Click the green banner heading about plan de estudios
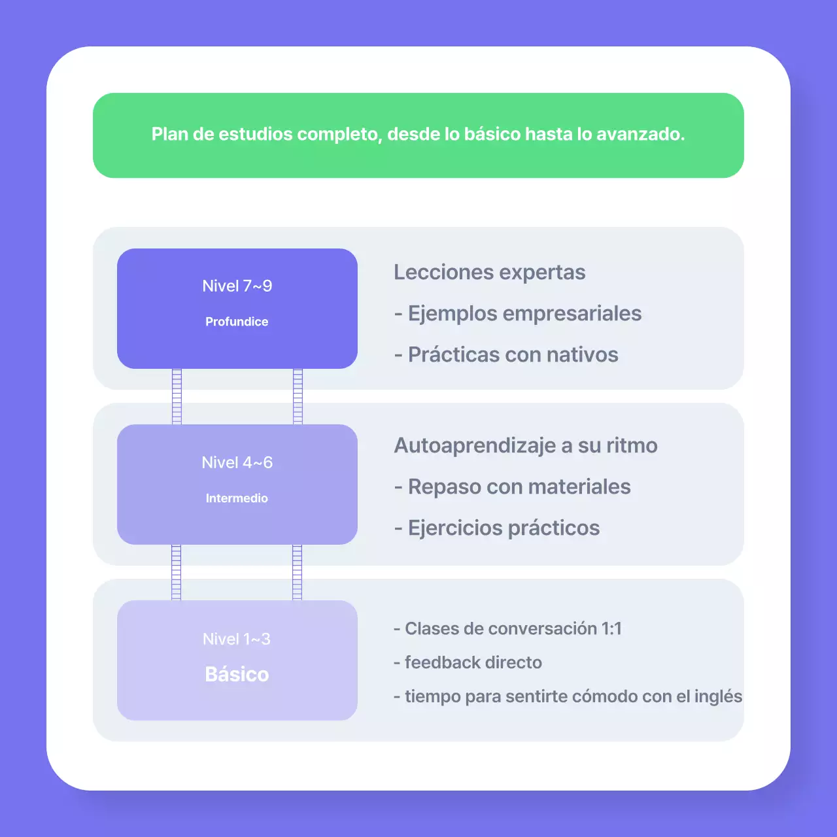(x=418, y=134)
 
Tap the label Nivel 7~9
(x=237, y=286)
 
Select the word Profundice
(x=237, y=322)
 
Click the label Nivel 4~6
(x=237, y=463)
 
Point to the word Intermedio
(x=237, y=498)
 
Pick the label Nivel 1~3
(x=237, y=639)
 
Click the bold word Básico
(x=237, y=674)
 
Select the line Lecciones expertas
(x=489, y=272)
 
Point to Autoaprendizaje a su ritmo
(x=526, y=445)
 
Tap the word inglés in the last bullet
(x=718, y=696)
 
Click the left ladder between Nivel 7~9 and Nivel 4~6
(x=177, y=396)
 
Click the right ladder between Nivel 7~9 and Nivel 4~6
(x=298, y=396)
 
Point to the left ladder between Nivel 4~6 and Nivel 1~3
(x=176, y=572)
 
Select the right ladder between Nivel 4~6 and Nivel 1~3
(x=297, y=572)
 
